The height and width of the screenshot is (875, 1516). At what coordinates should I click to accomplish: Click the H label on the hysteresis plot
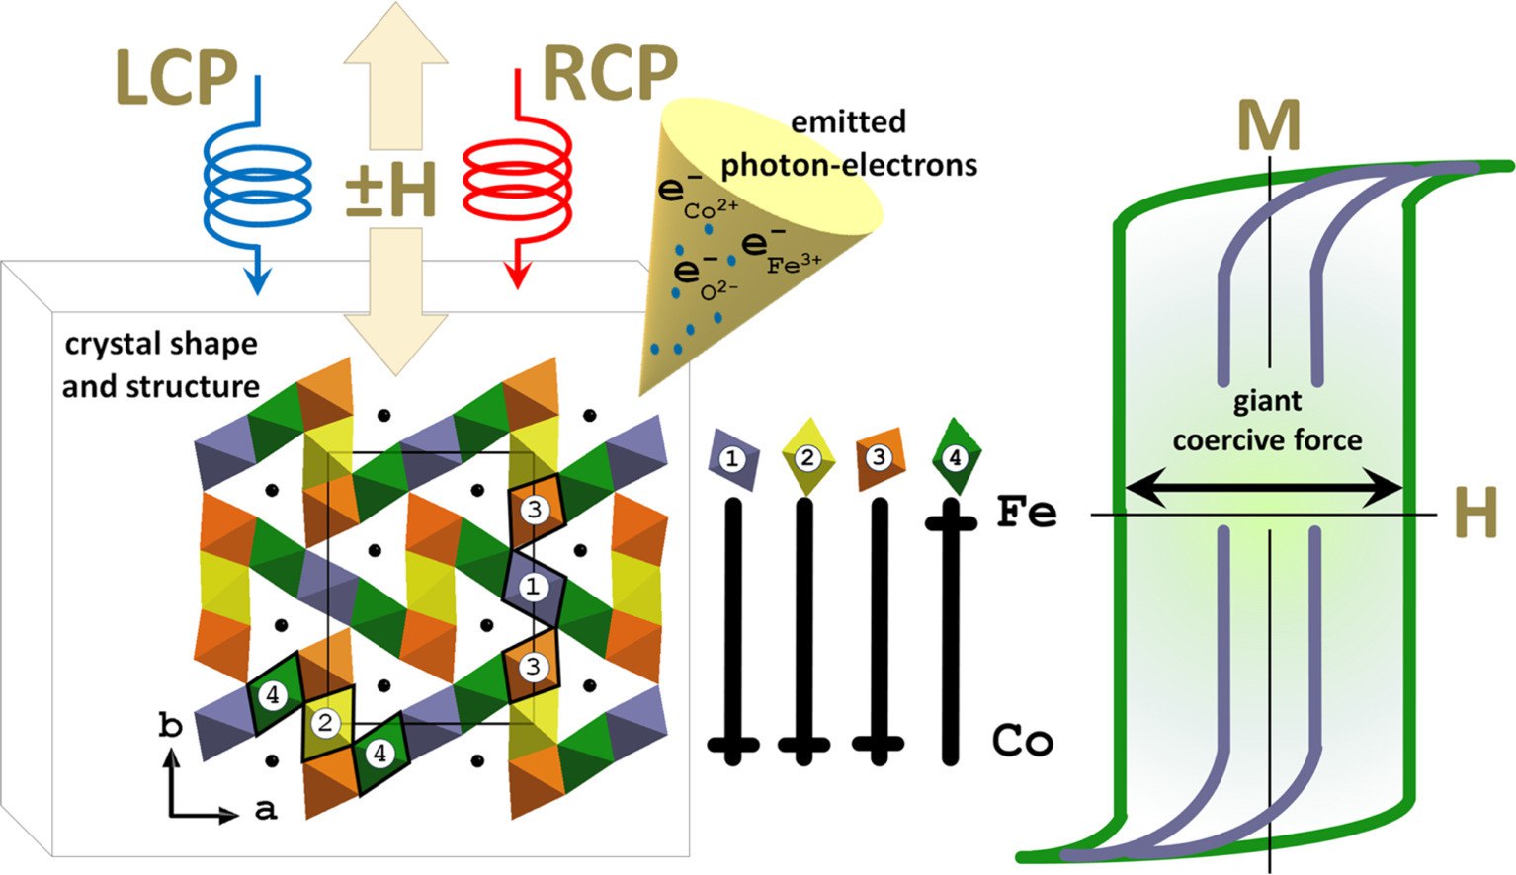pyautogui.click(x=1475, y=515)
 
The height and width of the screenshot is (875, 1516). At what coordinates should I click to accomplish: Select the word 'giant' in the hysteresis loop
pyautogui.click(x=1267, y=401)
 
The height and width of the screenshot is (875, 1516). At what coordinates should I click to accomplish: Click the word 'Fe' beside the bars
pyautogui.click(x=1026, y=514)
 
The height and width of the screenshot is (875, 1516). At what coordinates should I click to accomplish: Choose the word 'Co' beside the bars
pyautogui.click(x=1022, y=741)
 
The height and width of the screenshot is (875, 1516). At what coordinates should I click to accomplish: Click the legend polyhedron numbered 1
pyautogui.click(x=732, y=459)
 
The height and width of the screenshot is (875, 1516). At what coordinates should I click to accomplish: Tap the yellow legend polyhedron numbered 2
pyautogui.click(x=807, y=457)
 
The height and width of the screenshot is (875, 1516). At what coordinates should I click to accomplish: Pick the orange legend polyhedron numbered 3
pyautogui.click(x=879, y=457)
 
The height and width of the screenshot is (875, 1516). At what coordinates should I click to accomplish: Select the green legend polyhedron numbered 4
pyautogui.click(x=954, y=458)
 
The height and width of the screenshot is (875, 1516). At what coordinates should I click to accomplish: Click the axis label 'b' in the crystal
pyautogui.click(x=170, y=727)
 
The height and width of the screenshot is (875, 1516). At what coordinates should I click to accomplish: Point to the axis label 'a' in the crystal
pyautogui.click(x=265, y=810)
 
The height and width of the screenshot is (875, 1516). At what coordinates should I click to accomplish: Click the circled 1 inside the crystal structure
pyautogui.click(x=534, y=587)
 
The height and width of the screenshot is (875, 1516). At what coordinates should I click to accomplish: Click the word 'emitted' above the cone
pyautogui.click(x=848, y=121)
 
